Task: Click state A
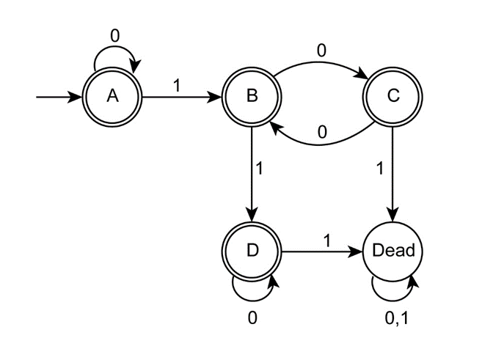(x=112, y=97)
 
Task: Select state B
(x=252, y=97)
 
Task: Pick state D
(x=252, y=251)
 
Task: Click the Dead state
(x=393, y=251)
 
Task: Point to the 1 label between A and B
(x=176, y=84)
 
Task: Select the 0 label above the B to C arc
(x=321, y=50)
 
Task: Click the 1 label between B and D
(x=259, y=167)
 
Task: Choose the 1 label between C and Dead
(x=379, y=167)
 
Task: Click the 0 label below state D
(x=252, y=317)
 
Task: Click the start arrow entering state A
(x=59, y=97)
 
